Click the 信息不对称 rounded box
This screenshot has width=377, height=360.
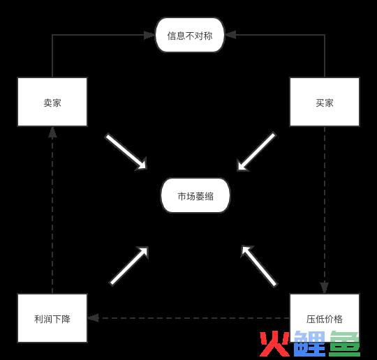(190, 35)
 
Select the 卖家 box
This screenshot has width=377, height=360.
(52, 102)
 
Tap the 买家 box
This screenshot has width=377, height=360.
(325, 102)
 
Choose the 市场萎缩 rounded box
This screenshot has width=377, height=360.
(195, 195)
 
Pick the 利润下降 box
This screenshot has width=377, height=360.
(52, 318)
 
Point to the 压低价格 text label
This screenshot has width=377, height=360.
(325, 319)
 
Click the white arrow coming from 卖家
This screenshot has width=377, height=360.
(126, 152)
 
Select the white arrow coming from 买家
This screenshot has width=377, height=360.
(256, 151)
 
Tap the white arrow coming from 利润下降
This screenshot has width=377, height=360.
(129, 266)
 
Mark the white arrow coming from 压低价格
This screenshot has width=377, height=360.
(259, 266)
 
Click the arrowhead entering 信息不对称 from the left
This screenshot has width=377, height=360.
(149, 35)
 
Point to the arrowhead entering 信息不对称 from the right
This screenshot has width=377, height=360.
(230, 35)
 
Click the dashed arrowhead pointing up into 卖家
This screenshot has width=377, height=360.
(52, 133)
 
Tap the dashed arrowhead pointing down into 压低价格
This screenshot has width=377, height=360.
(325, 287)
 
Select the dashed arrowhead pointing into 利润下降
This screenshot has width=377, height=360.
(94, 318)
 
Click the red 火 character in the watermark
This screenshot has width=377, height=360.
(274, 344)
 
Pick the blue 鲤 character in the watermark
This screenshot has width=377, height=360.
(309, 344)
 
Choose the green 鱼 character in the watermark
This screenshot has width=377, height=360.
(344, 344)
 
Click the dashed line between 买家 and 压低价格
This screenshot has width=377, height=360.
(325, 204)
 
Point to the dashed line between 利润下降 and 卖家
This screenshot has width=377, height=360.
(52, 216)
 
